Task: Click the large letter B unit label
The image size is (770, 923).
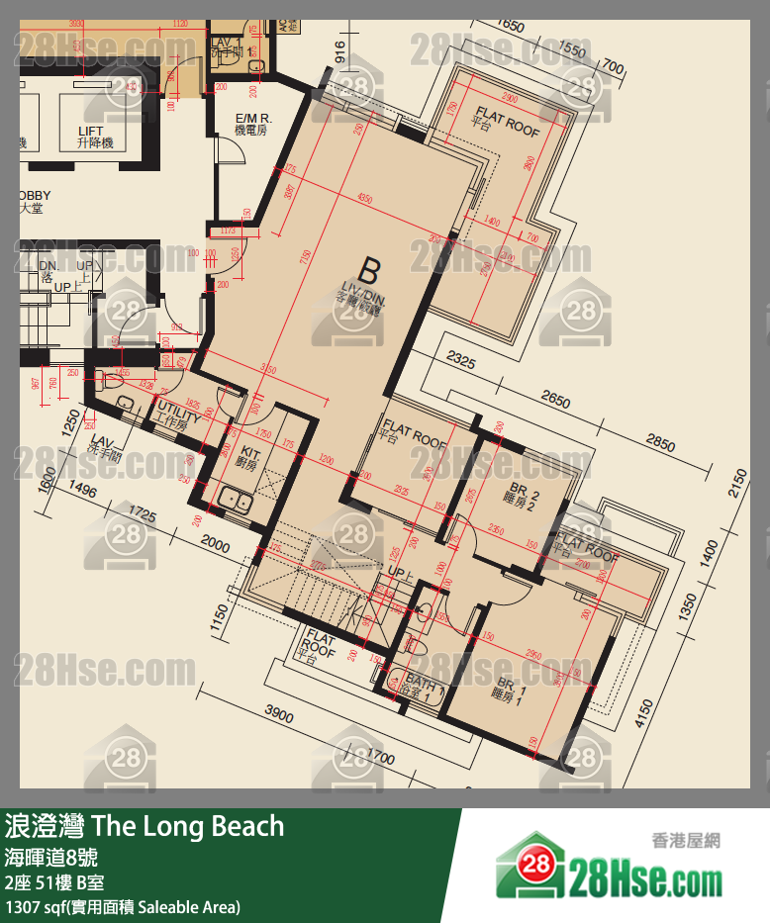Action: point(369,270)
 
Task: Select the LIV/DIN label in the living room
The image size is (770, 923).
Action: point(355,301)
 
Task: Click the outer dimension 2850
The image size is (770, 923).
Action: point(660,440)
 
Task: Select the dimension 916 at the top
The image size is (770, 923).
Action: point(340,53)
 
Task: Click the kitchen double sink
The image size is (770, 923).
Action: point(237,501)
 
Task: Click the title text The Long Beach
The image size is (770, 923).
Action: point(187,827)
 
